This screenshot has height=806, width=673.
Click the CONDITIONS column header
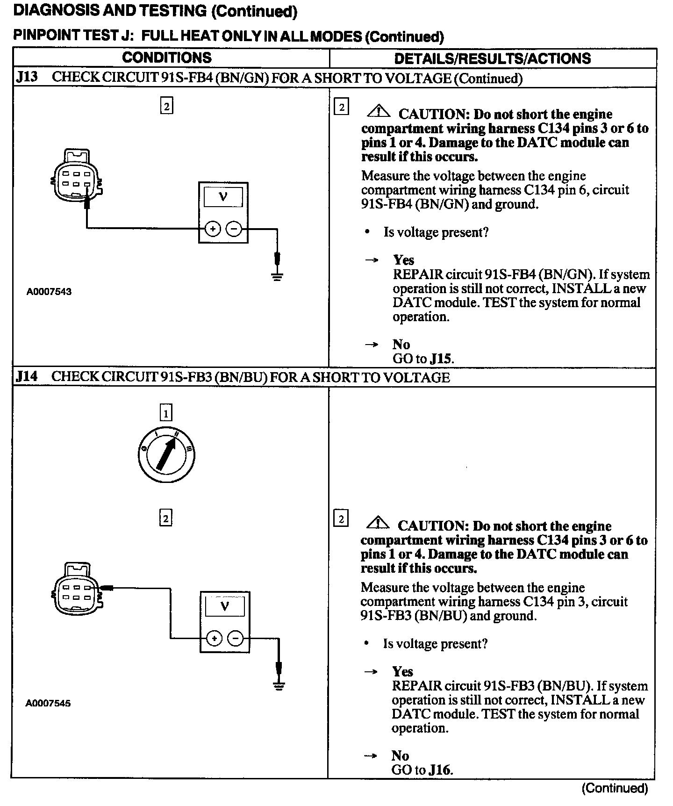[167, 58]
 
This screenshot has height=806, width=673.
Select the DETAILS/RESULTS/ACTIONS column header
[493, 58]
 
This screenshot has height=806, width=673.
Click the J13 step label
[27, 77]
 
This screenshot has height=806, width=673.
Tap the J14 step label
[27, 376]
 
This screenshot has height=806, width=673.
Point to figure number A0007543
[49, 292]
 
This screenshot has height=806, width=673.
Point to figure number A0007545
[48, 703]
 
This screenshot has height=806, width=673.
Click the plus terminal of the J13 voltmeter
[213, 229]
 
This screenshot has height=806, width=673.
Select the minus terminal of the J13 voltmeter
[234, 229]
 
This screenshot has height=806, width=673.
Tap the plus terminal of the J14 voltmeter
[214, 638]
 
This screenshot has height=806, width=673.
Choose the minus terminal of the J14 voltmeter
[236, 638]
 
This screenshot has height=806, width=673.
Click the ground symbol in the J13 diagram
[278, 276]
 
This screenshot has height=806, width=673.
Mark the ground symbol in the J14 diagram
[279, 686]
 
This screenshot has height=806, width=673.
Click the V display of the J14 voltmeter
[225, 607]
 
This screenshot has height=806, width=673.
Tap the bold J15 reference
[441, 359]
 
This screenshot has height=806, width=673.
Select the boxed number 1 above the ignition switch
[166, 413]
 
